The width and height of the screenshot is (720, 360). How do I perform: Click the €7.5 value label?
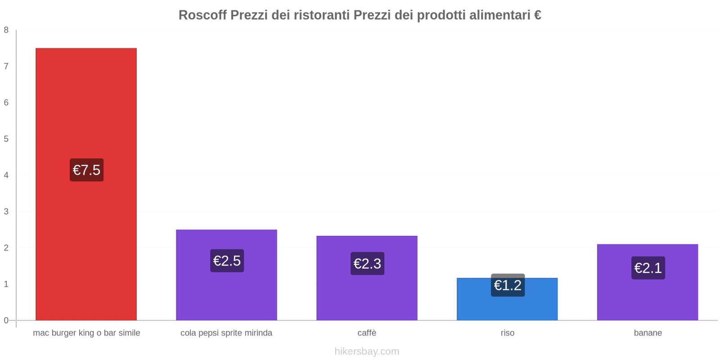click(x=86, y=170)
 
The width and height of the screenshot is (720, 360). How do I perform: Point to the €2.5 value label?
click(x=227, y=261)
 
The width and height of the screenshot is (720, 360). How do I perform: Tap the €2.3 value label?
click(x=367, y=264)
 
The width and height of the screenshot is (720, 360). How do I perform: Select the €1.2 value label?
click(x=508, y=285)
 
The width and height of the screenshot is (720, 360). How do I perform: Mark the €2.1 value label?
click(x=648, y=268)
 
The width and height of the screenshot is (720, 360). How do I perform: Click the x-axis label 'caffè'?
click(x=367, y=333)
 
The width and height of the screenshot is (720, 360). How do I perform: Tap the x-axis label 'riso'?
click(x=507, y=333)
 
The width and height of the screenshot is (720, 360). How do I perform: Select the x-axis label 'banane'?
click(x=648, y=333)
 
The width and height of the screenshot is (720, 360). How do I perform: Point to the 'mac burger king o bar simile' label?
click(x=86, y=333)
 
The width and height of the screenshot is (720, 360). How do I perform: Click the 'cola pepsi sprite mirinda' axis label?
click(x=226, y=333)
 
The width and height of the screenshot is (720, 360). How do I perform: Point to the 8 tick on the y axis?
click(x=6, y=30)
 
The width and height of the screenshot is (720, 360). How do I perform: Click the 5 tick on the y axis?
click(x=6, y=139)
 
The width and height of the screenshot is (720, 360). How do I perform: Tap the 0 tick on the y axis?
click(x=6, y=320)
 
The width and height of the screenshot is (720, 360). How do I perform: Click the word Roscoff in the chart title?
click(x=202, y=15)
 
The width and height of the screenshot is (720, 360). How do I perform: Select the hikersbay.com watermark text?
click(x=367, y=351)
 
